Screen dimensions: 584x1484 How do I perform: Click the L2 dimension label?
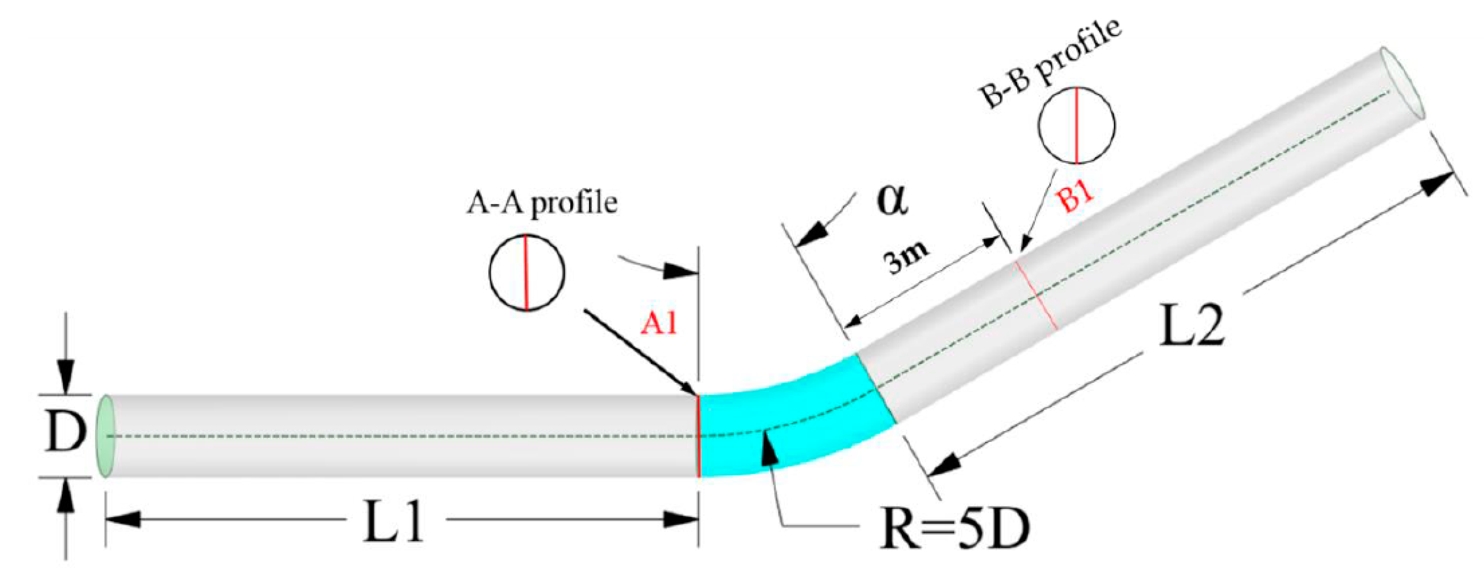click(x=1191, y=326)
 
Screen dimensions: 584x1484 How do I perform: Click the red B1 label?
click(x=1075, y=198)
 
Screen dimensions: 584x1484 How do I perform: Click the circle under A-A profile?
click(x=527, y=273)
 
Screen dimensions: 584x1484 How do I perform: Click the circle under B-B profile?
click(x=1076, y=125)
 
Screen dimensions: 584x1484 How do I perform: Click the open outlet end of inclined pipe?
click(x=1403, y=84)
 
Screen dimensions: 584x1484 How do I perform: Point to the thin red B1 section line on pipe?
click(x=1037, y=295)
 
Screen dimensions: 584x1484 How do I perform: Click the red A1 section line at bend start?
click(x=698, y=436)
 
